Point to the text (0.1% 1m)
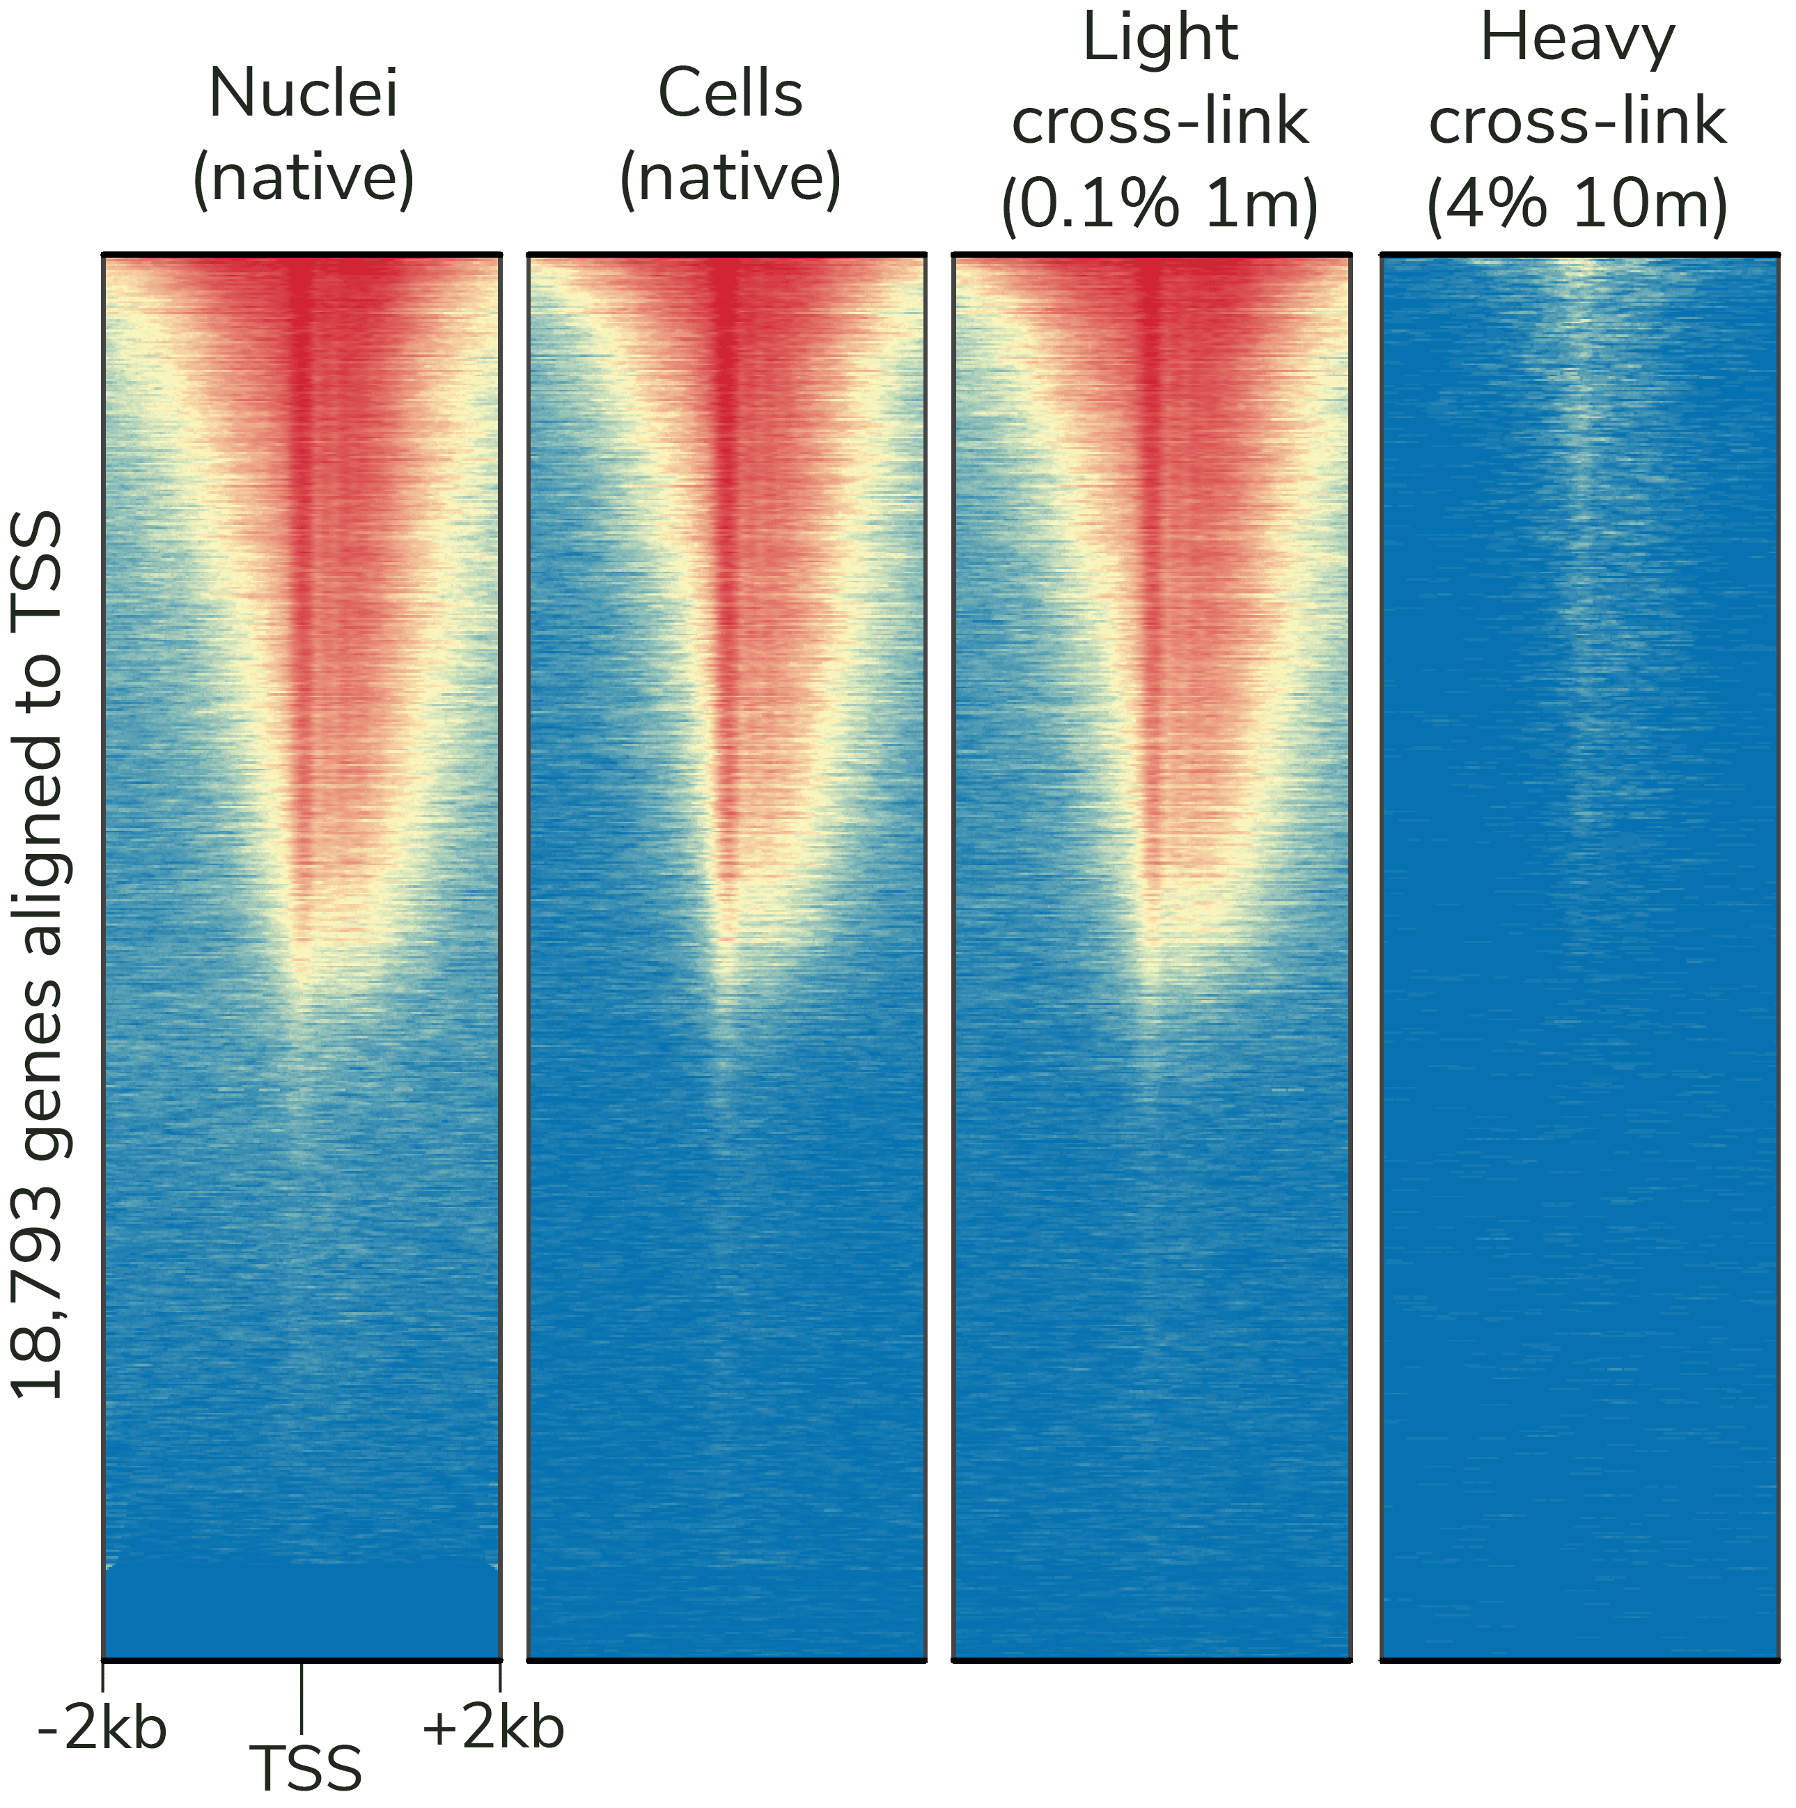click(x=1159, y=204)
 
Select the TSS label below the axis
click(x=307, y=1769)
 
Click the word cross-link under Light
click(x=1159, y=122)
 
